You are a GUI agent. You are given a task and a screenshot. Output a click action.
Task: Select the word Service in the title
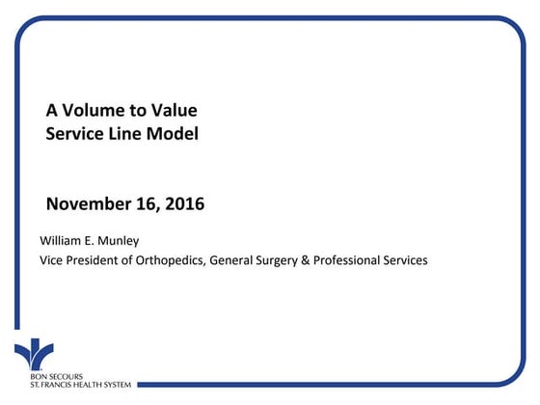75,134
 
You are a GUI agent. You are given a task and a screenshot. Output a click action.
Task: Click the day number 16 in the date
147,204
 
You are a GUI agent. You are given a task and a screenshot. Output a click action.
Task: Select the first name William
60,239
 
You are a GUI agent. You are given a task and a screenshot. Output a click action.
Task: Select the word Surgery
295,260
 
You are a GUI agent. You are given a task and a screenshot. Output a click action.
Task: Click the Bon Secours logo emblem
34,351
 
